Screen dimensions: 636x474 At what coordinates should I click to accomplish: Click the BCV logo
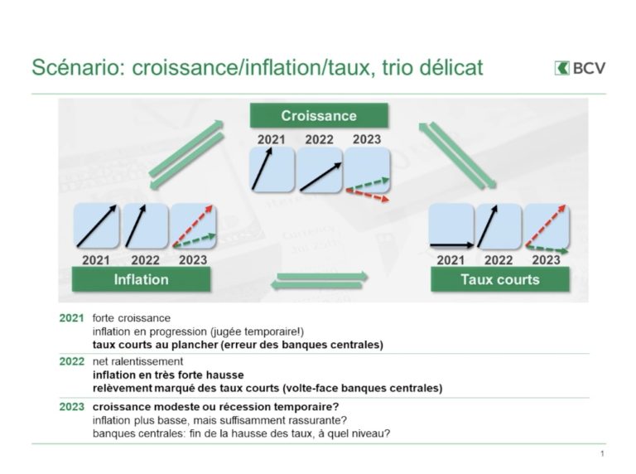click(x=580, y=68)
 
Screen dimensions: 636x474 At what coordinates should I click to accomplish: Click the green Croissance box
click(x=319, y=116)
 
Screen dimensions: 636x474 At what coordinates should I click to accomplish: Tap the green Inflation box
click(x=141, y=279)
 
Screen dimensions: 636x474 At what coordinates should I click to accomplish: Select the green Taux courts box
click(x=500, y=279)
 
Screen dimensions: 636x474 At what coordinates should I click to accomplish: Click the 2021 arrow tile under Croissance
click(x=272, y=170)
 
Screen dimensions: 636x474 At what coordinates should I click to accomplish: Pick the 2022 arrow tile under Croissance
click(x=320, y=170)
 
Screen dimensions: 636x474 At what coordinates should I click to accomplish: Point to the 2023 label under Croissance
click(x=367, y=139)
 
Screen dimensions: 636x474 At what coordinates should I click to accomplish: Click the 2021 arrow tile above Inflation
click(x=97, y=226)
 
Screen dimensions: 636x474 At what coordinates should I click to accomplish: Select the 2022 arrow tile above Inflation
click(x=145, y=226)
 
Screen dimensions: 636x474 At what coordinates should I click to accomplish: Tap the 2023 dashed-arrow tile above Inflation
click(x=193, y=226)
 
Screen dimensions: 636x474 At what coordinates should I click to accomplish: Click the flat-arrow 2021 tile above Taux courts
click(x=451, y=226)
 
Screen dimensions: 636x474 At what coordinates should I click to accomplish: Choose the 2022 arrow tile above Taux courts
click(x=499, y=226)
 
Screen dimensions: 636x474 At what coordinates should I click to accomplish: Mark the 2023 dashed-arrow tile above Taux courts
click(x=547, y=226)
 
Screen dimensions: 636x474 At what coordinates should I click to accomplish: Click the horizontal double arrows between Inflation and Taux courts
click(x=319, y=281)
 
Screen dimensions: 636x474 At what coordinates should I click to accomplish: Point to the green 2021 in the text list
click(x=71, y=317)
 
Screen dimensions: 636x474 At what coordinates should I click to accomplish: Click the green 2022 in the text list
click(x=71, y=361)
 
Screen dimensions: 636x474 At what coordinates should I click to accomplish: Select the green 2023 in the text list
click(x=71, y=407)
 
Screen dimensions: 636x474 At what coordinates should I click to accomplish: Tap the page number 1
click(x=603, y=453)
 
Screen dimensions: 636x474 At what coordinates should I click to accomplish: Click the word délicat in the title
click(x=451, y=67)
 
